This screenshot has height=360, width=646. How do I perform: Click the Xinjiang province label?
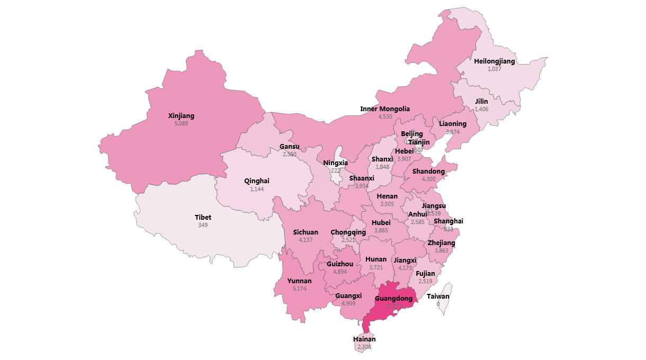click(x=181, y=116)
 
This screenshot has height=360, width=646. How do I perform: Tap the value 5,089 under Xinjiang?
click(x=181, y=123)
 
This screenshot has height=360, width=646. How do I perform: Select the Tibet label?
click(x=203, y=218)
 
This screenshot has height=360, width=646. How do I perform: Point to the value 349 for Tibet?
click(x=203, y=225)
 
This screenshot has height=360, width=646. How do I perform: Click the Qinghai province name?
click(x=257, y=181)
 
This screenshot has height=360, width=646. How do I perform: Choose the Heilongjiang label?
click(x=494, y=61)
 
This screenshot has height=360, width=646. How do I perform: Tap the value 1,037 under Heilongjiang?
click(x=494, y=69)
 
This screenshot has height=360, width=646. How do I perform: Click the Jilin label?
click(x=481, y=102)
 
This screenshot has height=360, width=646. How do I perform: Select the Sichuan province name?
click(x=306, y=232)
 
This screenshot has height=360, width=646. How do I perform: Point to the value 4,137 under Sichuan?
click(x=306, y=240)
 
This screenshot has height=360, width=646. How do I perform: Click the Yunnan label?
click(x=299, y=281)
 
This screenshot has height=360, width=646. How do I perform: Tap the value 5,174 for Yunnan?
click(x=299, y=289)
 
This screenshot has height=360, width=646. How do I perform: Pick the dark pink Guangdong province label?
click(x=393, y=299)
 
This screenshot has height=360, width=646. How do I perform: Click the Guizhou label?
click(x=340, y=264)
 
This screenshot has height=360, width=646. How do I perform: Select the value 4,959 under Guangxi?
click(x=348, y=303)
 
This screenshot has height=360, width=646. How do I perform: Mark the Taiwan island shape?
click(x=447, y=296)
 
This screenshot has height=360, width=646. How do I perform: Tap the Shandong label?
click(x=428, y=172)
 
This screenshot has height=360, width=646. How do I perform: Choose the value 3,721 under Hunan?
click(x=376, y=267)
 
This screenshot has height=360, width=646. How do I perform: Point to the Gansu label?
click(x=290, y=147)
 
